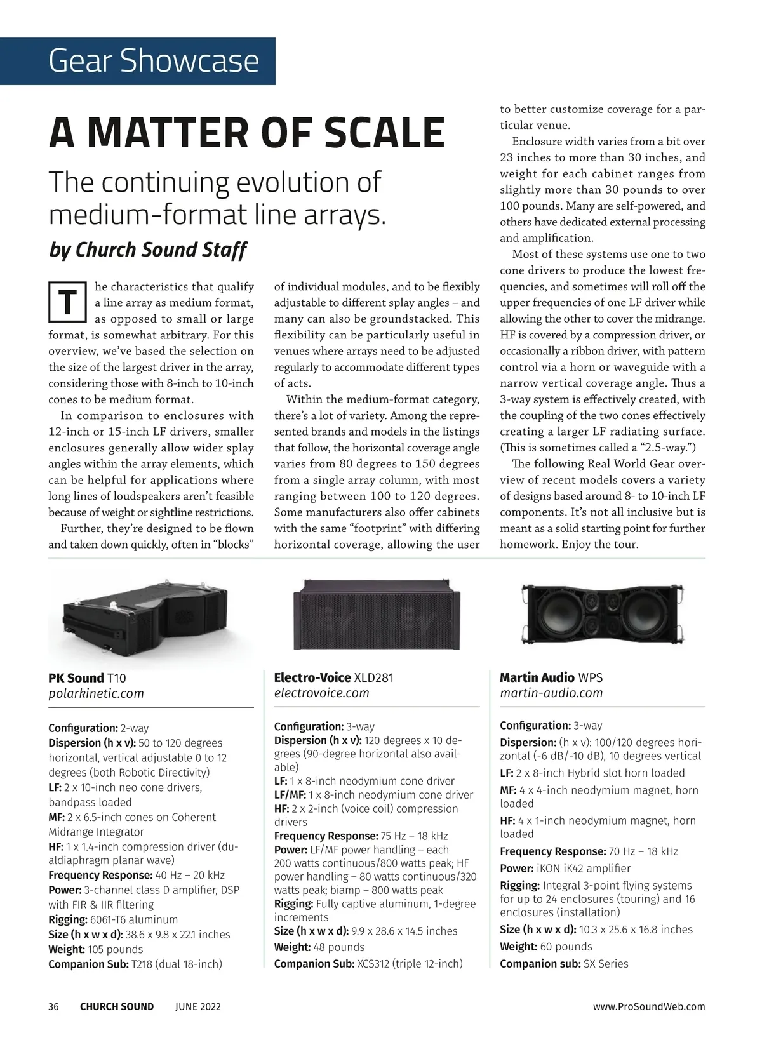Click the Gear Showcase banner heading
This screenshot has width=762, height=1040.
click(154, 61)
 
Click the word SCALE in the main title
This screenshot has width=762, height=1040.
click(384, 133)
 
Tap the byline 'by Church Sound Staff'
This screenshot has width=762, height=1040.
click(147, 250)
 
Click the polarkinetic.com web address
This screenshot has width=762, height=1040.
click(96, 693)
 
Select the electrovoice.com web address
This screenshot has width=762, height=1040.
click(321, 693)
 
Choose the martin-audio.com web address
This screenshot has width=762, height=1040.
click(551, 693)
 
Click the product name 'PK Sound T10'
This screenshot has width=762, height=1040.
click(87, 677)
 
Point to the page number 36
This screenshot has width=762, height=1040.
click(54, 1006)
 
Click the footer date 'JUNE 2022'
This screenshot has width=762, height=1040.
click(198, 1006)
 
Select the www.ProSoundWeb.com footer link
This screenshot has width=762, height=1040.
click(649, 1006)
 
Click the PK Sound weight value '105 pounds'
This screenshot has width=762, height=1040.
click(115, 949)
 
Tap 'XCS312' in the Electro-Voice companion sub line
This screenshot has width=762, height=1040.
click(373, 964)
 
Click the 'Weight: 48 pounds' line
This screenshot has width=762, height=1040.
click(319, 947)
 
